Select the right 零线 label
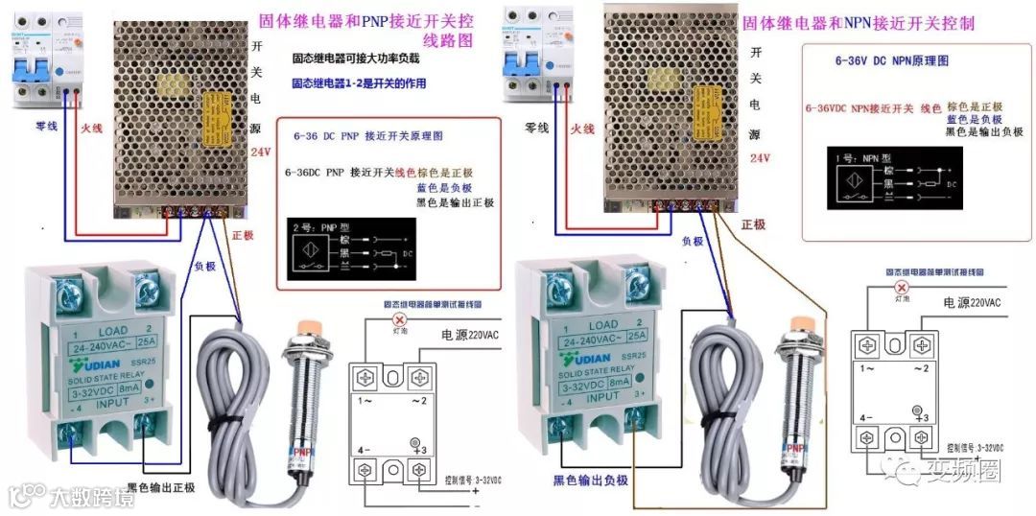(x=536, y=128)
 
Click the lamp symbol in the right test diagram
(x=900, y=287)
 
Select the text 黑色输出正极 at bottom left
(x=159, y=488)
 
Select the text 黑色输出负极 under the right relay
(x=591, y=481)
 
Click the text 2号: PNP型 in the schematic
(x=311, y=230)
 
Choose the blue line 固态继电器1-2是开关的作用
(x=359, y=83)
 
